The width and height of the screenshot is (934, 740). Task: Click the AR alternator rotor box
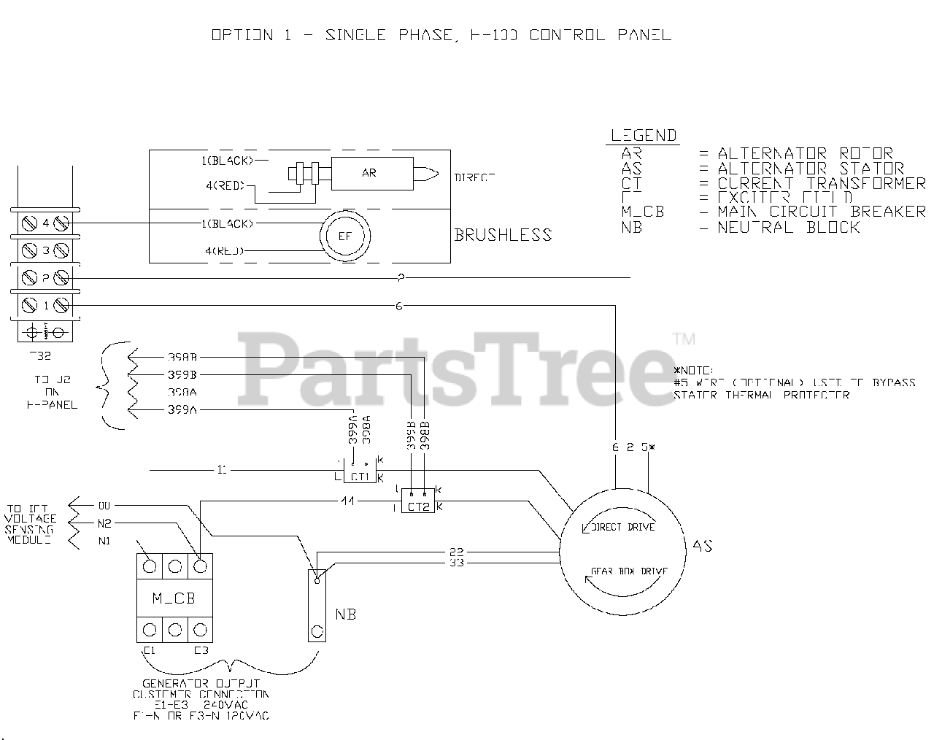369,174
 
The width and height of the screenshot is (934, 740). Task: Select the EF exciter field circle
344,236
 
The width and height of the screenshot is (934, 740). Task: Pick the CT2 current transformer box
418,506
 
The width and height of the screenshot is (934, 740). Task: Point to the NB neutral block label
345,614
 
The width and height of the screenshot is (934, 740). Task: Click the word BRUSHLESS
503,235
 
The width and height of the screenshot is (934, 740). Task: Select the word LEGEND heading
644,135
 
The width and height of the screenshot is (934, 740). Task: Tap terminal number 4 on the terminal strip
45,223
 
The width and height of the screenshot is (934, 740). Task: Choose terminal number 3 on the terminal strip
45,251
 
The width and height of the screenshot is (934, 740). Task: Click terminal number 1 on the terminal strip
45,305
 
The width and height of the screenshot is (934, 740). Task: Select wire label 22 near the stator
457,552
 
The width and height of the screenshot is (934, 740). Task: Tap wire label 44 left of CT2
347,501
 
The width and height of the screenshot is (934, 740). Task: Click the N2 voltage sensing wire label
105,523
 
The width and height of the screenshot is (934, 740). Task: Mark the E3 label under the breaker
201,650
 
